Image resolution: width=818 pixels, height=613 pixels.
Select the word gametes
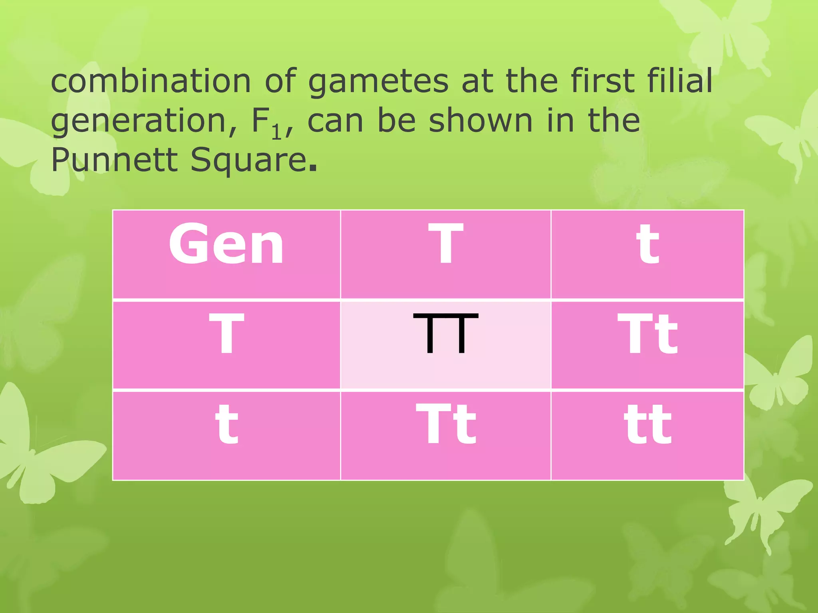click(x=379, y=82)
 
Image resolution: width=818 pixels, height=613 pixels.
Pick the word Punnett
click(x=114, y=160)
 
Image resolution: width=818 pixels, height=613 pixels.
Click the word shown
click(x=480, y=121)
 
